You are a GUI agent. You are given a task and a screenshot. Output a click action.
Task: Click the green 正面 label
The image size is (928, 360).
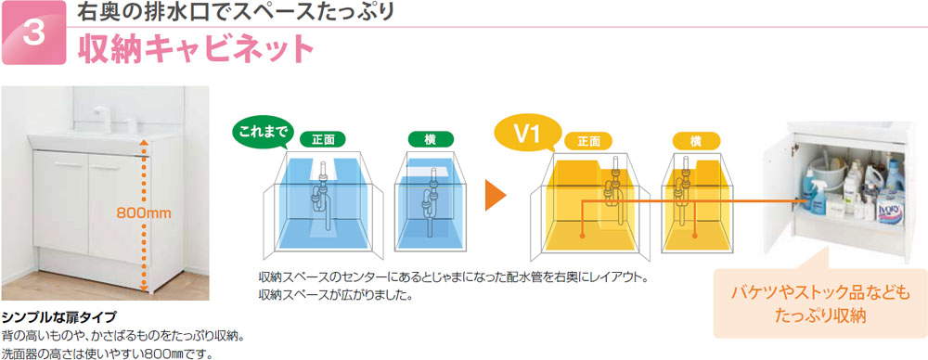[324, 140]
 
